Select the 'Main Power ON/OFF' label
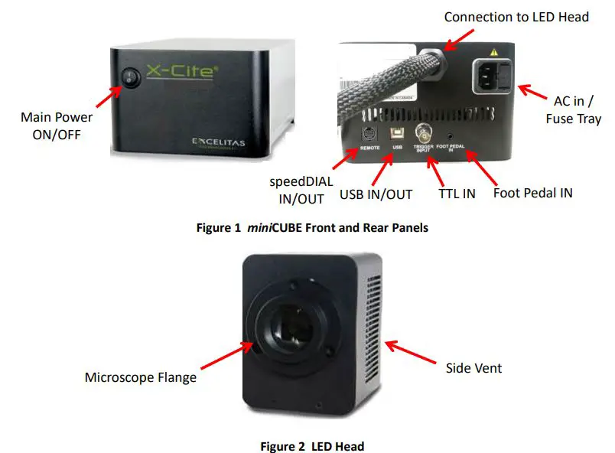[x=57, y=125]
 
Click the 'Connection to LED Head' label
[x=516, y=16]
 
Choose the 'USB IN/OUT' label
[x=376, y=194]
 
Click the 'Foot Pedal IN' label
[x=532, y=193]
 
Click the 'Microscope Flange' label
[x=140, y=377]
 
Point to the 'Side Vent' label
[x=473, y=368]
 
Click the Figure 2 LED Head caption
[x=312, y=446]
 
